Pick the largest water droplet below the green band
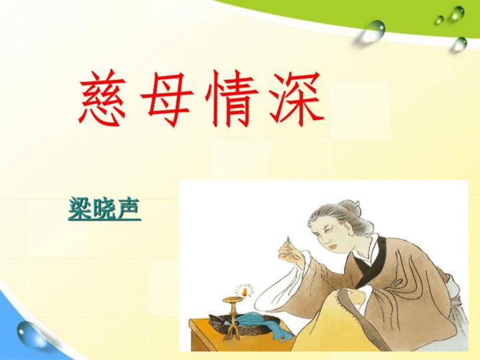tap(374, 30)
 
